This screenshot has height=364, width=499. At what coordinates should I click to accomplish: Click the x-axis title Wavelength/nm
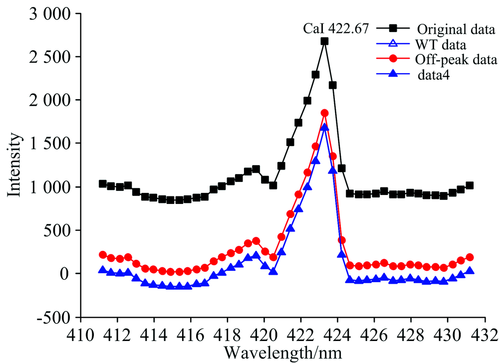pos(282,353)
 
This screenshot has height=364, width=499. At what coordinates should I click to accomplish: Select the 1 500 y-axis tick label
pos(44,144)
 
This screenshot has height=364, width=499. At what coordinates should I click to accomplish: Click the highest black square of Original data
pos(324,41)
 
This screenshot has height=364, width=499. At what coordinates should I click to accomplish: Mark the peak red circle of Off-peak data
pos(324,113)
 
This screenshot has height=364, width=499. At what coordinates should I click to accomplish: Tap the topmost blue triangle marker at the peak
pos(324,127)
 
